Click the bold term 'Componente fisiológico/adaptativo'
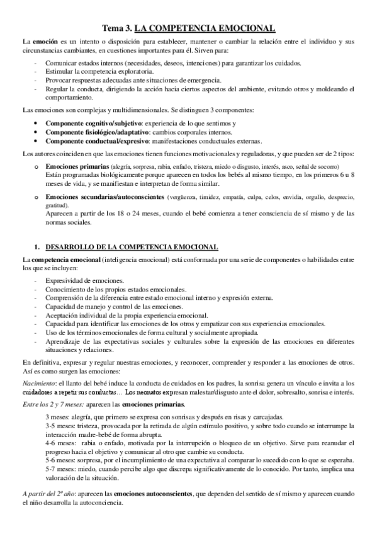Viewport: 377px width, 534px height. coord(97,132)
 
